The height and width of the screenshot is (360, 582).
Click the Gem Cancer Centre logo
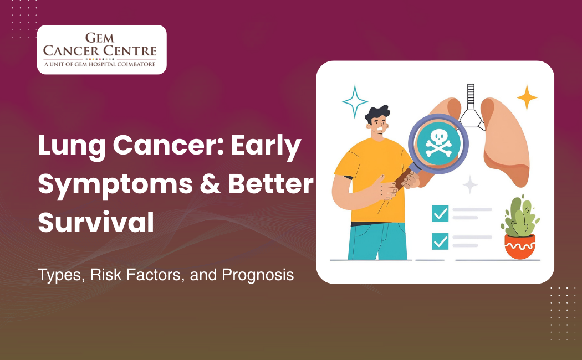pyautogui.click(x=101, y=49)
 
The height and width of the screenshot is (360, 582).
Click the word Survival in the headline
pyautogui.click(x=95, y=222)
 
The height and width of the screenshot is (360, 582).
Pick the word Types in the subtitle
pyautogui.click(x=58, y=274)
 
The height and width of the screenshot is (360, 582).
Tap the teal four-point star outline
pyautogui.click(x=355, y=101)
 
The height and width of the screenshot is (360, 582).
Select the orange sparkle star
pyautogui.click(x=527, y=97)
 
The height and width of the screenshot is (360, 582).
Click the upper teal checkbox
pyautogui.click(x=440, y=213)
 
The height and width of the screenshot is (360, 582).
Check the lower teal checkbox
pyautogui.click(x=440, y=241)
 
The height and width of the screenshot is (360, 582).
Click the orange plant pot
pyautogui.click(x=519, y=246)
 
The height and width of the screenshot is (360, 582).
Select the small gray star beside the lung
pyautogui.click(x=470, y=184)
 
